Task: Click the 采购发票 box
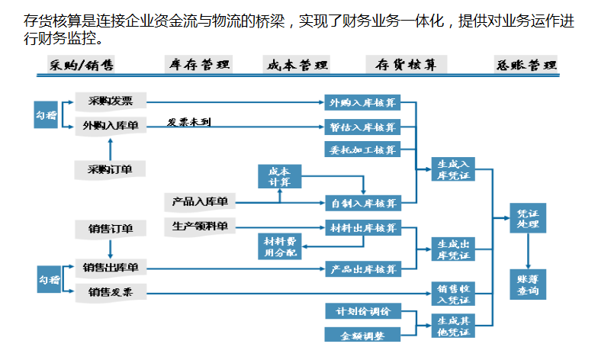coord(110,101)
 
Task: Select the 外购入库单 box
coord(110,126)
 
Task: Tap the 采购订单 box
coord(110,169)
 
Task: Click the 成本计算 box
coord(279,177)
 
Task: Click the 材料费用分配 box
coord(279,246)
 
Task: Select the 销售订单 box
coord(110,229)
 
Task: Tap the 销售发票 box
coord(110,292)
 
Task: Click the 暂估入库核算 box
coord(363,127)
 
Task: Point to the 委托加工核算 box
coord(363,149)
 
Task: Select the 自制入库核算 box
coord(363,203)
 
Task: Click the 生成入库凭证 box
coord(452,169)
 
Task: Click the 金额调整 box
coord(363,335)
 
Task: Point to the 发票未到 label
coord(189,121)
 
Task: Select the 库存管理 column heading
coord(200,65)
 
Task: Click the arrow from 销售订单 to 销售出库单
coord(110,248)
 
